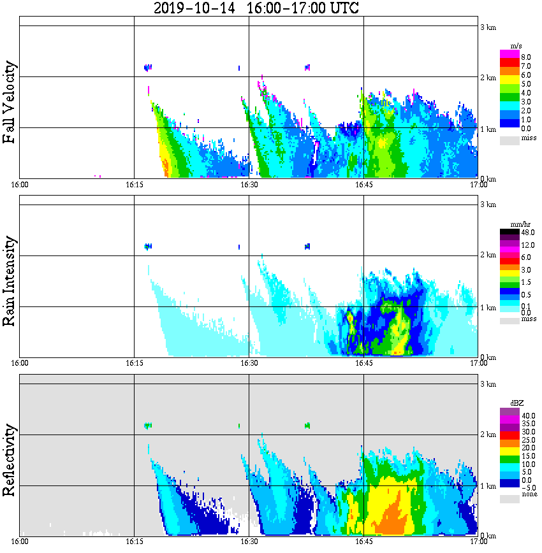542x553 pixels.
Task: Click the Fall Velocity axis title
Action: [10, 102]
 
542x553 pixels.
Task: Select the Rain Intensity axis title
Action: [10, 281]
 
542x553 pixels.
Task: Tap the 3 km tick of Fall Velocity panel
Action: [488, 27]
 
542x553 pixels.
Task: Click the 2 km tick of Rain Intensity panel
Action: [488, 255]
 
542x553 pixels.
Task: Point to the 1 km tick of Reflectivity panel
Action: [488, 486]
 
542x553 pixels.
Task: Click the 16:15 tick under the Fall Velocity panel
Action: [134, 184]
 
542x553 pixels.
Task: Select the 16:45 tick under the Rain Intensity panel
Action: [363, 363]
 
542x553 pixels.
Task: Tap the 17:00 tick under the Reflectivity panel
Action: [478, 542]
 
